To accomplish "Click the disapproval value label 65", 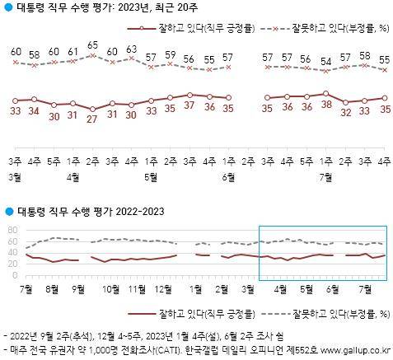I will click(x=93, y=45).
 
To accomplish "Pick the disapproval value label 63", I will click(x=132, y=49).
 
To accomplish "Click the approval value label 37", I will click(x=189, y=106).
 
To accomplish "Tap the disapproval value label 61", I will click(x=73, y=52).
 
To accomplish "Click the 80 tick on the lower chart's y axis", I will click(x=12, y=231).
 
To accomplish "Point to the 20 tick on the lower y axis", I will click(x=12, y=264).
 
